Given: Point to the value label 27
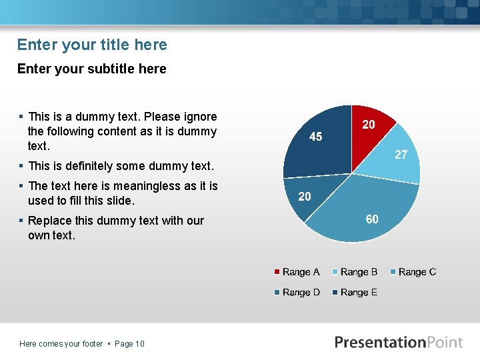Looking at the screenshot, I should click(401, 155).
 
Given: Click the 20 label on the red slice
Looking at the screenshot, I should click(368, 125).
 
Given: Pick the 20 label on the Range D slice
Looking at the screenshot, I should click(305, 196).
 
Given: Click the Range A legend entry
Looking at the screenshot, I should click(297, 272).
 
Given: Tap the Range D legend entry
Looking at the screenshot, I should click(297, 293).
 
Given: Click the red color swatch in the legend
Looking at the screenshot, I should click(277, 272).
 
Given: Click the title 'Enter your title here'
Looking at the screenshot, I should click(92, 45).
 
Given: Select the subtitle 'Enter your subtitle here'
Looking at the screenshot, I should click(91, 69).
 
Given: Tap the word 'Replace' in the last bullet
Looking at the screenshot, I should click(49, 221).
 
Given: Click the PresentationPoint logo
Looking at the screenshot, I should click(398, 342).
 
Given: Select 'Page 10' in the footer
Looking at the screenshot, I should click(129, 344).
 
